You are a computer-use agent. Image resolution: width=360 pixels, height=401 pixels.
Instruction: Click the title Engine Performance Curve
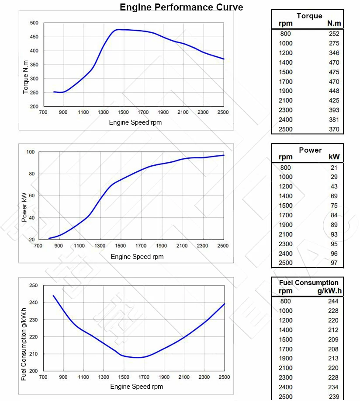(181, 7)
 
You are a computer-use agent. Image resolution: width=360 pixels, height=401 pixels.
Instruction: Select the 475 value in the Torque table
(334, 72)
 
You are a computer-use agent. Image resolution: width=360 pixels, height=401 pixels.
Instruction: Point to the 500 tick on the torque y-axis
(34, 23)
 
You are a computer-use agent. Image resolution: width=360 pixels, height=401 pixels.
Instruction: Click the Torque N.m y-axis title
(25, 77)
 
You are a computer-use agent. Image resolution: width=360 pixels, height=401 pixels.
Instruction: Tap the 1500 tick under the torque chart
(123, 112)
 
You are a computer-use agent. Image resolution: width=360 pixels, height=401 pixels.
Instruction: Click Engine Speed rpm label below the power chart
(137, 257)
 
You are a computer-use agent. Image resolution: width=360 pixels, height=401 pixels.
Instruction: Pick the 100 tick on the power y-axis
(30, 152)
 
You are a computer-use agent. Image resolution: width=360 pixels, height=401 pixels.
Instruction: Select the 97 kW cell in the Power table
(334, 263)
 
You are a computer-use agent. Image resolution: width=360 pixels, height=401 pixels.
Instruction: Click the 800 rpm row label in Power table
(285, 167)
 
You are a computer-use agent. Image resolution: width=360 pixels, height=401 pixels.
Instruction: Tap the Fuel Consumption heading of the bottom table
(308, 283)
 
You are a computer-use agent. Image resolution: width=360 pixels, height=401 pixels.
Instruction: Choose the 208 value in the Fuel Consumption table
(333, 349)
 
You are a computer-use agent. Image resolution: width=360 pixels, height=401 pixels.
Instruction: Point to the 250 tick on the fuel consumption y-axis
(33, 286)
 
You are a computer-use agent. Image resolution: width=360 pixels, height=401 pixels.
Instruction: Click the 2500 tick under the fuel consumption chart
(224, 377)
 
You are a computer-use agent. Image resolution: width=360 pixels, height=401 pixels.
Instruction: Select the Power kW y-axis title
(24, 207)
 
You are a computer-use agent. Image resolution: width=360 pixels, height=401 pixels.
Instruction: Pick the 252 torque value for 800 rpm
(334, 34)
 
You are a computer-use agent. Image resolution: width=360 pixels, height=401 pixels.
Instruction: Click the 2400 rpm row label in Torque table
(286, 120)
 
